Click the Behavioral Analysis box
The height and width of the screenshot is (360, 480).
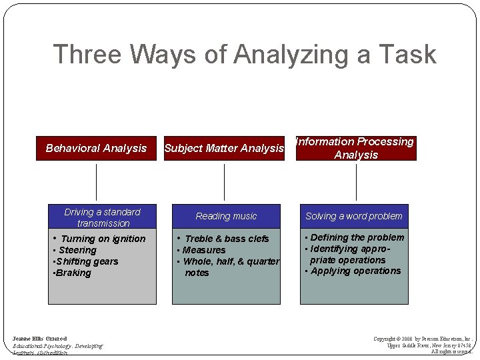tap(96, 148)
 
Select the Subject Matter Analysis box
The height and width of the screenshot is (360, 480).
tap(224, 148)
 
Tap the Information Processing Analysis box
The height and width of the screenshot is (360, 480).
tap(356, 148)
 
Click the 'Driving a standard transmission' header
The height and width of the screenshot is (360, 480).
tap(102, 217)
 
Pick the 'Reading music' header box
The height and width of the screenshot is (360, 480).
tap(226, 216)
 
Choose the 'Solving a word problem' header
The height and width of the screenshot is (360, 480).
tap(354, 216)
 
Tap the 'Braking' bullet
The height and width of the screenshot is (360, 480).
tap(74, 273)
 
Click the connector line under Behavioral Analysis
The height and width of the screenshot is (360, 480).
tap(97, 182)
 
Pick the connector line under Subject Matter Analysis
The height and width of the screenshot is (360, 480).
tap(224, 182)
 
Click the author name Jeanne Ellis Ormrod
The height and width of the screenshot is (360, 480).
tap(40, 339)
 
